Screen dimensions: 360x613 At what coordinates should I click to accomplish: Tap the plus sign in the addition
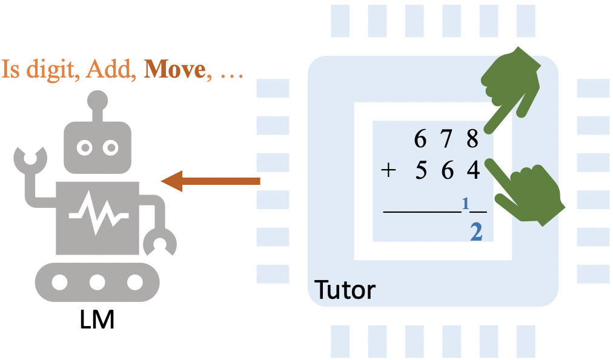(x=388, y=171)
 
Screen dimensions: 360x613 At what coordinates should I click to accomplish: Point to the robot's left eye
(x=85, y=146)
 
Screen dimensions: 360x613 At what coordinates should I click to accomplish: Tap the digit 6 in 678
(x=420, y=139)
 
